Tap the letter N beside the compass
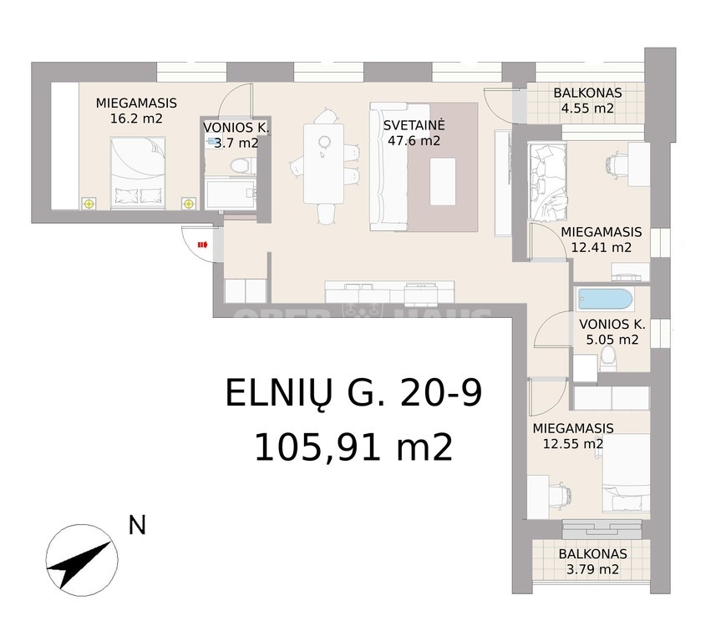137,525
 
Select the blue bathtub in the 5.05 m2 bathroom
605,300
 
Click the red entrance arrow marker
202,245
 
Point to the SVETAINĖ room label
414,125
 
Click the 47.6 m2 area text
414,140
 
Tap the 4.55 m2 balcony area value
587,109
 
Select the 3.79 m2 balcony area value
592,569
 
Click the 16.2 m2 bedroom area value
136,119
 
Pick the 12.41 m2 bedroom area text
601,247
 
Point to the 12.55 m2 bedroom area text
573,444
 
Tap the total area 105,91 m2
353,447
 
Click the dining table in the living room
323,164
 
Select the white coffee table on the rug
442,181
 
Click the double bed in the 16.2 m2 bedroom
138,173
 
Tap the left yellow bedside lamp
89,204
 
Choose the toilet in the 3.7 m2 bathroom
242,165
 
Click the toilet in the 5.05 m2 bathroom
607,359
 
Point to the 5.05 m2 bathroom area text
612,340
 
